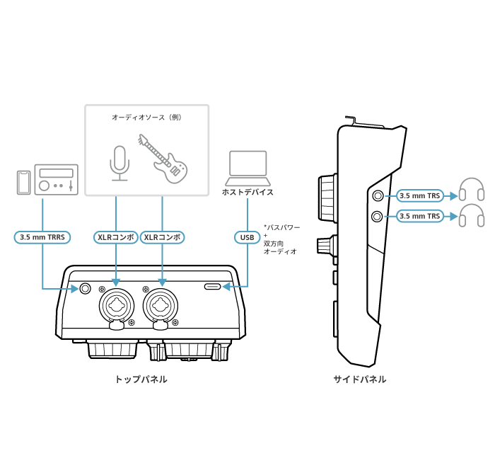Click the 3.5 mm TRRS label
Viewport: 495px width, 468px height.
click(42, 237)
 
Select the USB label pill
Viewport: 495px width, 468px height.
click(248, 237)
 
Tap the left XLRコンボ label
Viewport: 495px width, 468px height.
click(116, 237)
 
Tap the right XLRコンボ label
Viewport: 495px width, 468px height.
click(162, 237)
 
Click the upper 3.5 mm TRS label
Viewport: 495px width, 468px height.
click(419, 196)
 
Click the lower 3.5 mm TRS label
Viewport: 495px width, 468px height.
click(419, 216)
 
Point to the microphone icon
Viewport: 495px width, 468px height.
click(120, 163)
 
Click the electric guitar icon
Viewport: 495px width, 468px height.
click(163, 159)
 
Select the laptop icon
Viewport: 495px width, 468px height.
click(248, 169)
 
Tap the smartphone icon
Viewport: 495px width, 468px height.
click(23, 183)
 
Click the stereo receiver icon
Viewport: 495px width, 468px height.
click(56, 180)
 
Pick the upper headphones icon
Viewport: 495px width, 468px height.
click(472, 189)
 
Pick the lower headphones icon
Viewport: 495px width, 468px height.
click(472, 215)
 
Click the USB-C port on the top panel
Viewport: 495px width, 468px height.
click(213, 287)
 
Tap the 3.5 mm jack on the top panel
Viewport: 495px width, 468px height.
click(85, 288)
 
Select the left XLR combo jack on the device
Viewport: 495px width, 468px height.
click(117, 306)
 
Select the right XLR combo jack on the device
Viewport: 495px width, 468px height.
click(161, 306)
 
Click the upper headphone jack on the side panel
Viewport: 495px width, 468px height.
click(378, 196)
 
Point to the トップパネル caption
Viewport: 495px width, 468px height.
click(141, 379)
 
